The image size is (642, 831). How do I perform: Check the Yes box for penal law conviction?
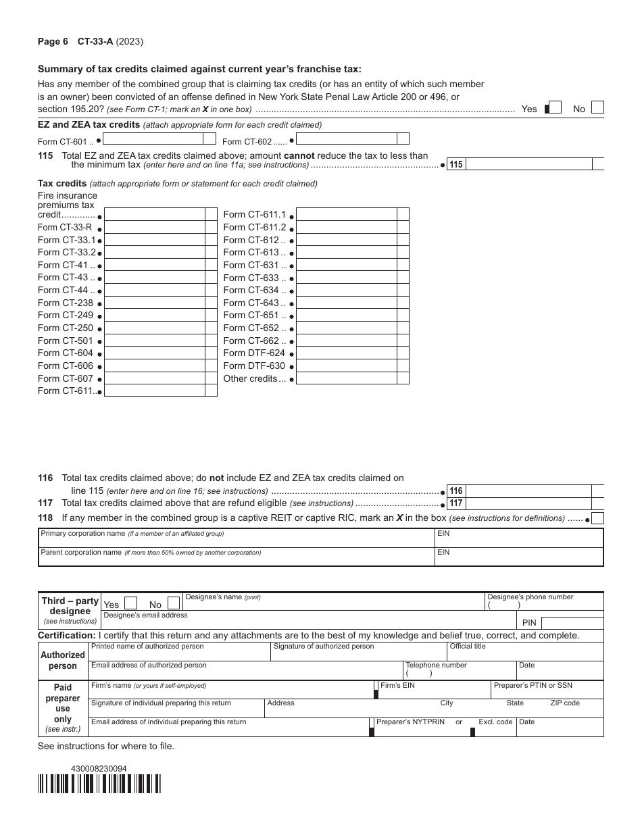[x=555, y=108]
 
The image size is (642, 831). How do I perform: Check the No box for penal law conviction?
[x=597, y=108]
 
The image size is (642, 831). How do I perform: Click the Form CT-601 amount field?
[x=153, y=139]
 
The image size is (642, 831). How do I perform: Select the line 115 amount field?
[x=528, y=164]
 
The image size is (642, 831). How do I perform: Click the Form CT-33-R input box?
[x=155, y=227]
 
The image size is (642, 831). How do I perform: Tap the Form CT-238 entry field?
[x=155, y=303]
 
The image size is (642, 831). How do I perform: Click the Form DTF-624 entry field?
[x=346, y=353]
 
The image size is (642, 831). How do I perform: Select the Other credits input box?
[x=346, y=378]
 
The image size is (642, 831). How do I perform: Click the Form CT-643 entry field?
[x=346, y=303]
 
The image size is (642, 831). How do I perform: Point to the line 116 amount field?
[x=528, y=491]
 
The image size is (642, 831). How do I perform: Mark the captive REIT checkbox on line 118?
[x=597, y=519]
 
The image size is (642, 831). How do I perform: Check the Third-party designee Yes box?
[x=132, y=603]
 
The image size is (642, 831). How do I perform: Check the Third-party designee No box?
[x=174, y=603]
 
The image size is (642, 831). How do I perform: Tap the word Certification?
[x=66, y=636]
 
